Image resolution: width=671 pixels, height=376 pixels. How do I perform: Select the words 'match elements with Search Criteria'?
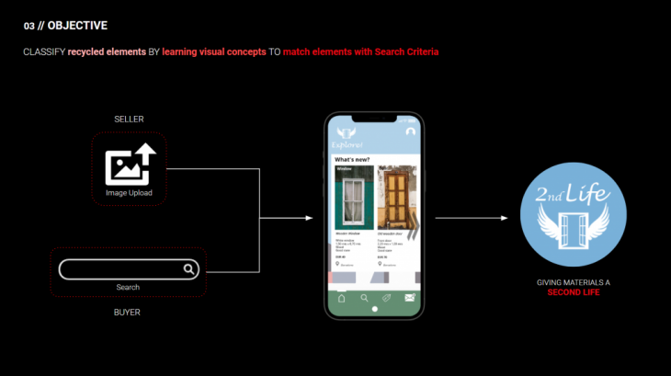coord(360,51)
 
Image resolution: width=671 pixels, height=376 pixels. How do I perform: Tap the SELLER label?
coord(129,120)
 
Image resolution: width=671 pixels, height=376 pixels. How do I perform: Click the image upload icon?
coord(129,165)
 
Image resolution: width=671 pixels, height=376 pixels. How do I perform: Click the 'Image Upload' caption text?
coord(129,193)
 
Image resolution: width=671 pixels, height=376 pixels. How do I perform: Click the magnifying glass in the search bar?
coord(188,269)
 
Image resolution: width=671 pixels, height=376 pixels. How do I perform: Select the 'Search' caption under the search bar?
coord(128,288)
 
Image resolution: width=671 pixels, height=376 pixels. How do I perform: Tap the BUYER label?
coord(129,312)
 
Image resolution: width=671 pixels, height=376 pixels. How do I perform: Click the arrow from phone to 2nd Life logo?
coord(471,218)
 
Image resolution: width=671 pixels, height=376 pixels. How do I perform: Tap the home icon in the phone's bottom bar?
coord(342,298)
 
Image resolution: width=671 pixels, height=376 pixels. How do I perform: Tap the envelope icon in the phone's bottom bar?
coord(410,298)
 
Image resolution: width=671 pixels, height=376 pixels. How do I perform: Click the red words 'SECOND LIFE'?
coord(574,292)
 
